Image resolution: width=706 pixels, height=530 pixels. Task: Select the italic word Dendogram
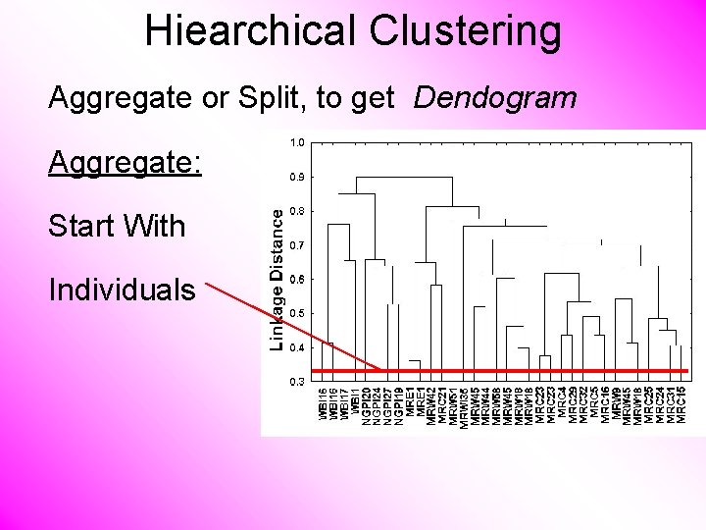(495, 97)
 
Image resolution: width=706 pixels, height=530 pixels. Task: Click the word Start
(83, 226)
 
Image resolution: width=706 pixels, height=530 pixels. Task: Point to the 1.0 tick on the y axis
(297, 142)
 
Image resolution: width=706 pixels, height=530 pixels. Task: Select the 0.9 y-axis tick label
(297, 177)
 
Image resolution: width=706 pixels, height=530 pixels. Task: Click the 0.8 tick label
(297, 211)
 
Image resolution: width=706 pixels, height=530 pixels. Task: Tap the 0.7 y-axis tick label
(297, 244)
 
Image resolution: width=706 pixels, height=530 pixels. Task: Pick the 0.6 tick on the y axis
(297, 279)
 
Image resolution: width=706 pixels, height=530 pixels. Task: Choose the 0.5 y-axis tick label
(297, 313)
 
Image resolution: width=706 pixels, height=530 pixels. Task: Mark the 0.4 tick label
(297, 346)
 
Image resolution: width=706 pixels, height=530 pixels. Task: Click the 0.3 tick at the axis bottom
(297, 380)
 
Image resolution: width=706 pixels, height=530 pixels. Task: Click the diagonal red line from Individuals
(294, 324)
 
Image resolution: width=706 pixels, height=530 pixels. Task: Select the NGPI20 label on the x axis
(366, 404)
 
